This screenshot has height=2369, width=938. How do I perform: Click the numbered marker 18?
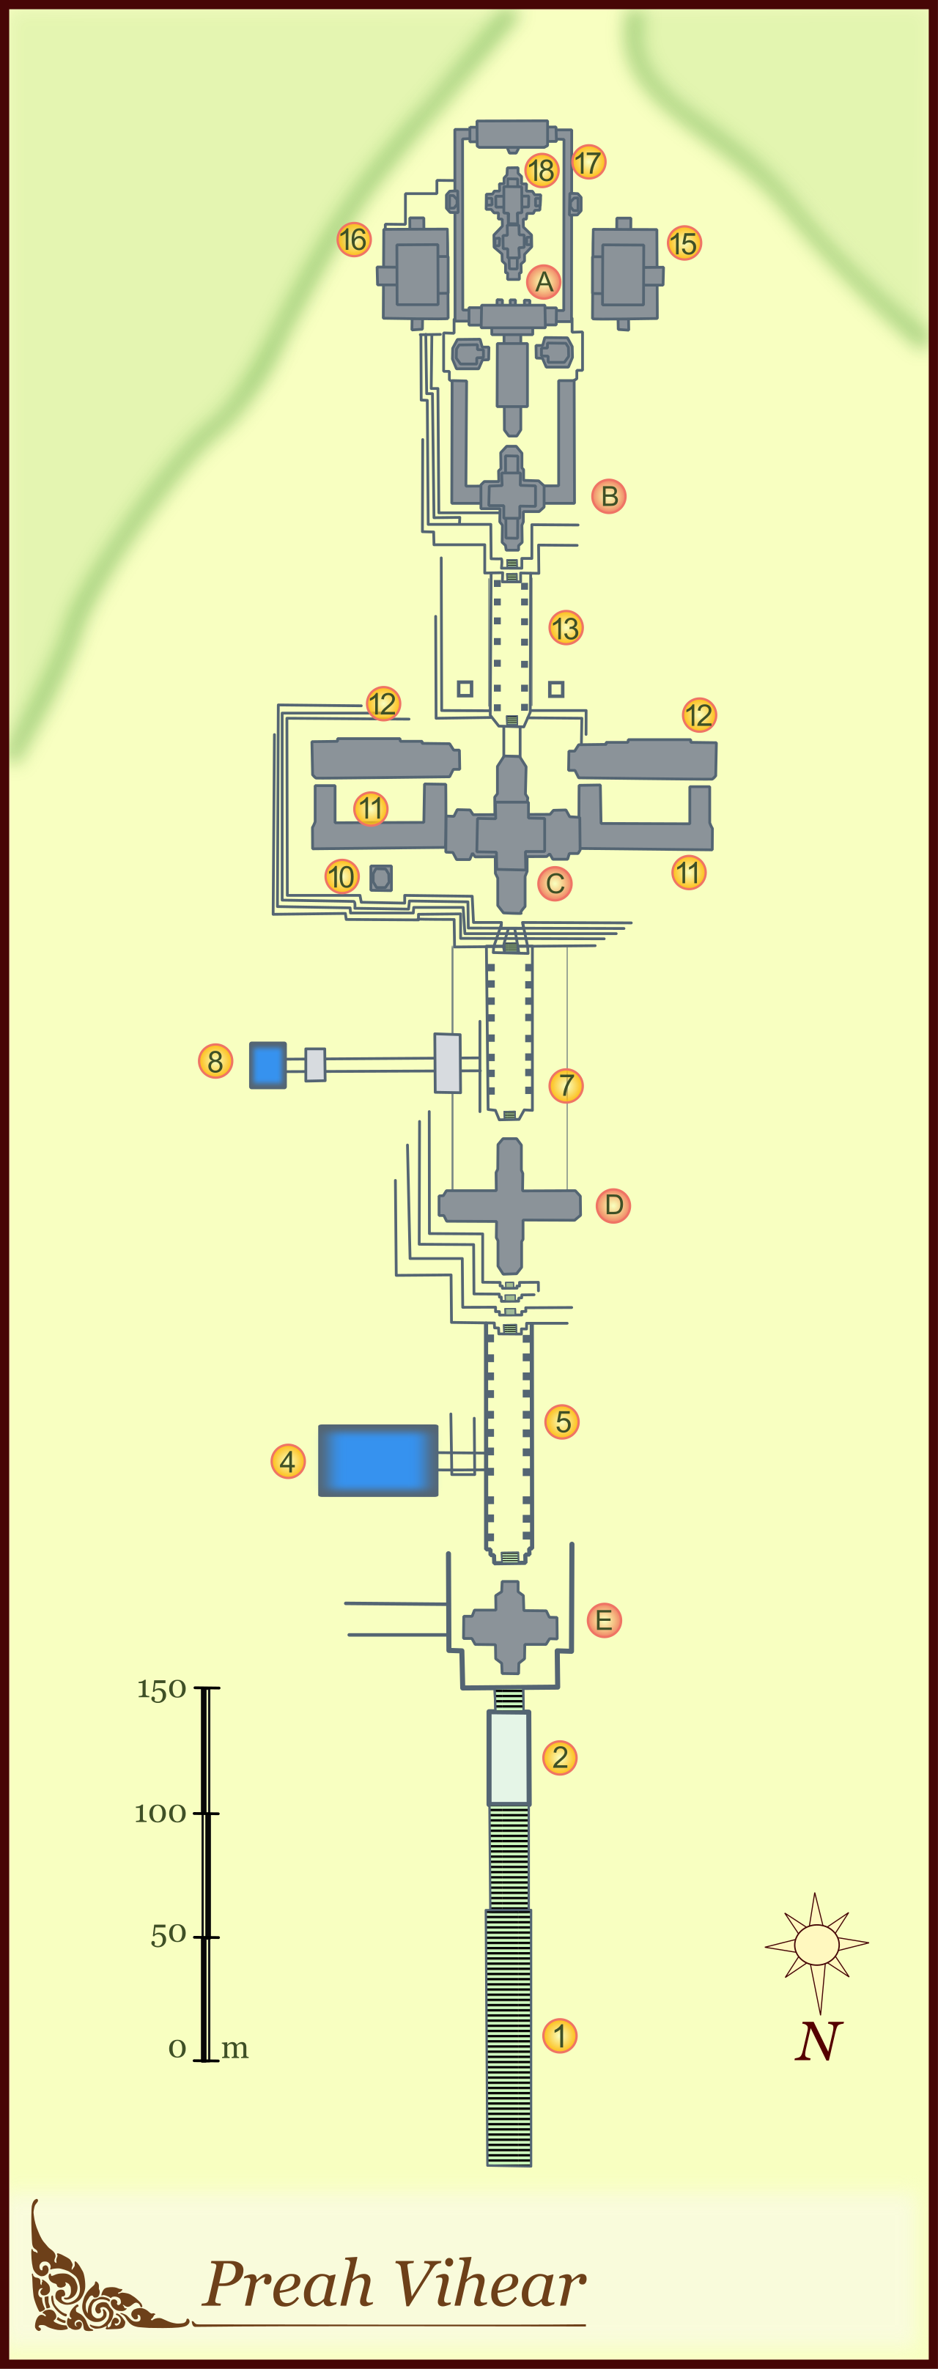point(542,170)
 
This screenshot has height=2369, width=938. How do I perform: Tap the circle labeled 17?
point(588,163)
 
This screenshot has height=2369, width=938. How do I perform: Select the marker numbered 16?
point(354,240)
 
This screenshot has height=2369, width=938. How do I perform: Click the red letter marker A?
point(544,281)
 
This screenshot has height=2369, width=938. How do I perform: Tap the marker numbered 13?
point(566,628)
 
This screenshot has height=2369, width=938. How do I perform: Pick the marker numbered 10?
point(341,876)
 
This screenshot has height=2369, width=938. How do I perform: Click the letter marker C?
point(555,884)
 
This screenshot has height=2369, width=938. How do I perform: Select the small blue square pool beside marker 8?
point(267,1065)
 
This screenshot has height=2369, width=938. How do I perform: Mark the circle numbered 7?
point(566,1085)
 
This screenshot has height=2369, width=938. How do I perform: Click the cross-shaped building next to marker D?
point(509,1205)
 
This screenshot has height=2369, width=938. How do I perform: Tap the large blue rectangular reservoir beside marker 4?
point(378,1460)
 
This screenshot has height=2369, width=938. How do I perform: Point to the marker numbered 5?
point(562,1422)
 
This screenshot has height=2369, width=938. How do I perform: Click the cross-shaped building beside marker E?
point(509,1627)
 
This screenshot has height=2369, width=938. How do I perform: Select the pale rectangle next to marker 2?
point(509,1757)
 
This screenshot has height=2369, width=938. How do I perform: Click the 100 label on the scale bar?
point(160,1814)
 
